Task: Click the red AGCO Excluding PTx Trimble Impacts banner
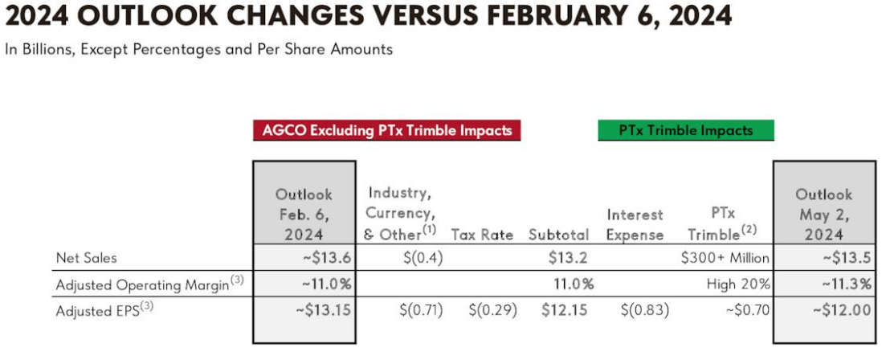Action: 387,130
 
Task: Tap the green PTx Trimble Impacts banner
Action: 686,130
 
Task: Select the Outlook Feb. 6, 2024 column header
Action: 304,215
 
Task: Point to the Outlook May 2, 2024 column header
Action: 824,215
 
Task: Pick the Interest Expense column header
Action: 635,225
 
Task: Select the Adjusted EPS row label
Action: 100,309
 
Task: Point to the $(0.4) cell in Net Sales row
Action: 423,258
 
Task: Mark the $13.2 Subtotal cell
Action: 572,258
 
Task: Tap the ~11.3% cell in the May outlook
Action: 844,284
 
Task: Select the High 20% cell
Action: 739,284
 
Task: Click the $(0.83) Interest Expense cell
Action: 644,309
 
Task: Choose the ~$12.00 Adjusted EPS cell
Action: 841,309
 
